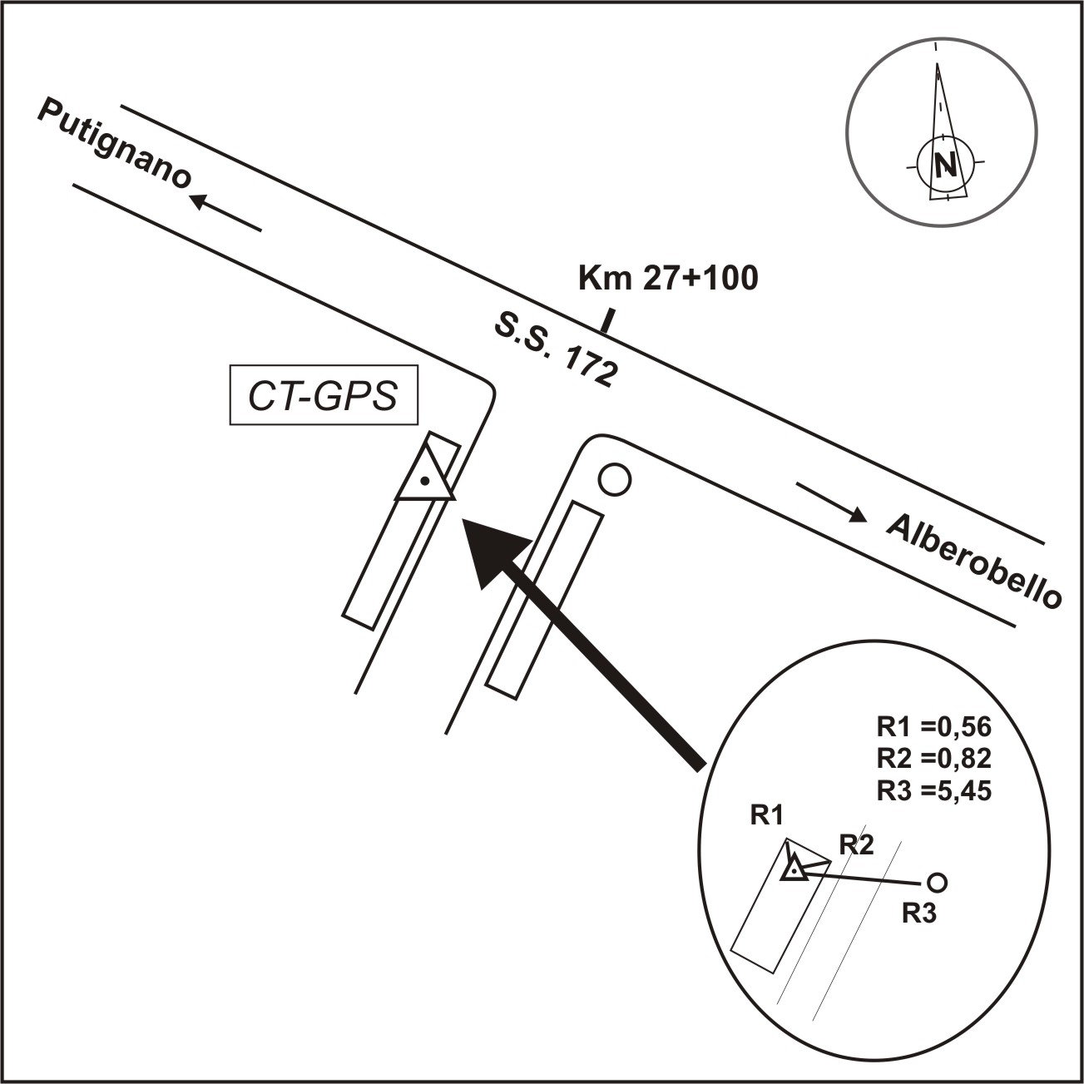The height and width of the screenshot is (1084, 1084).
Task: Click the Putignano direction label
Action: pyautogui.click(x=115, y=144)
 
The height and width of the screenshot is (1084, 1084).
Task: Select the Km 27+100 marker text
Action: pyautogui.click(x=668, y=279)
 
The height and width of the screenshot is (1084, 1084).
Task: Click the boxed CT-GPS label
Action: pyautogui.click(x=324, y=395)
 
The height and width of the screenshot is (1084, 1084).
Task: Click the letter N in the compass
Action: pyautogui.click(x=945, y=165)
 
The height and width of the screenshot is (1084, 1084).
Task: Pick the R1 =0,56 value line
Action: pyautogui.click(x=934, y=727)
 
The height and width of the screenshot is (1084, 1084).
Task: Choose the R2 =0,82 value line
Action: pyautogui.click(x=934, y=759)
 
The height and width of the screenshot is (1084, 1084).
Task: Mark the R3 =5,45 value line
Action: pyautogui.click(x=934, y=791)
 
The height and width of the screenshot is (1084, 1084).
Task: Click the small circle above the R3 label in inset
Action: pyautogui.click(x=937, y=882)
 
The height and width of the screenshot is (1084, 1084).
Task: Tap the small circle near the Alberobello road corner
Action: pyautogui.click(x=615, y=480)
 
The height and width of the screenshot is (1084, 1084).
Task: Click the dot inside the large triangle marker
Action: pyautogui.click(x=425, y=480)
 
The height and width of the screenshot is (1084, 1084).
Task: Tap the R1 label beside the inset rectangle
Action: pyautogui.click(x=767, y=814)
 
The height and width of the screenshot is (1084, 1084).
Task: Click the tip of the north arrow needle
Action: pyautogui.click(x=938, y=63)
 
